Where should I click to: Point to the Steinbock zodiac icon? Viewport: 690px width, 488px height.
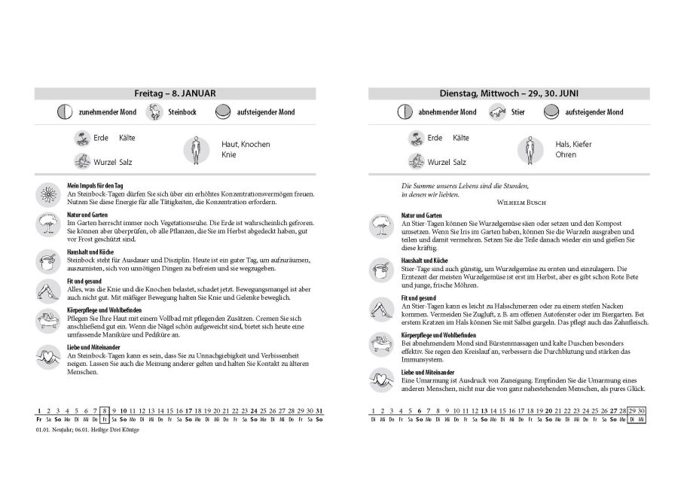154,112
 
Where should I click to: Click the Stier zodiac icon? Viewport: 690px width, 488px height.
496,112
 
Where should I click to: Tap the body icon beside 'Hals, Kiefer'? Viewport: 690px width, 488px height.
530,150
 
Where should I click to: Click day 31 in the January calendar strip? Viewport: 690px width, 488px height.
319,410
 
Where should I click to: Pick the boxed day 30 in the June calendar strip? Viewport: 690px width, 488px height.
642,410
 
